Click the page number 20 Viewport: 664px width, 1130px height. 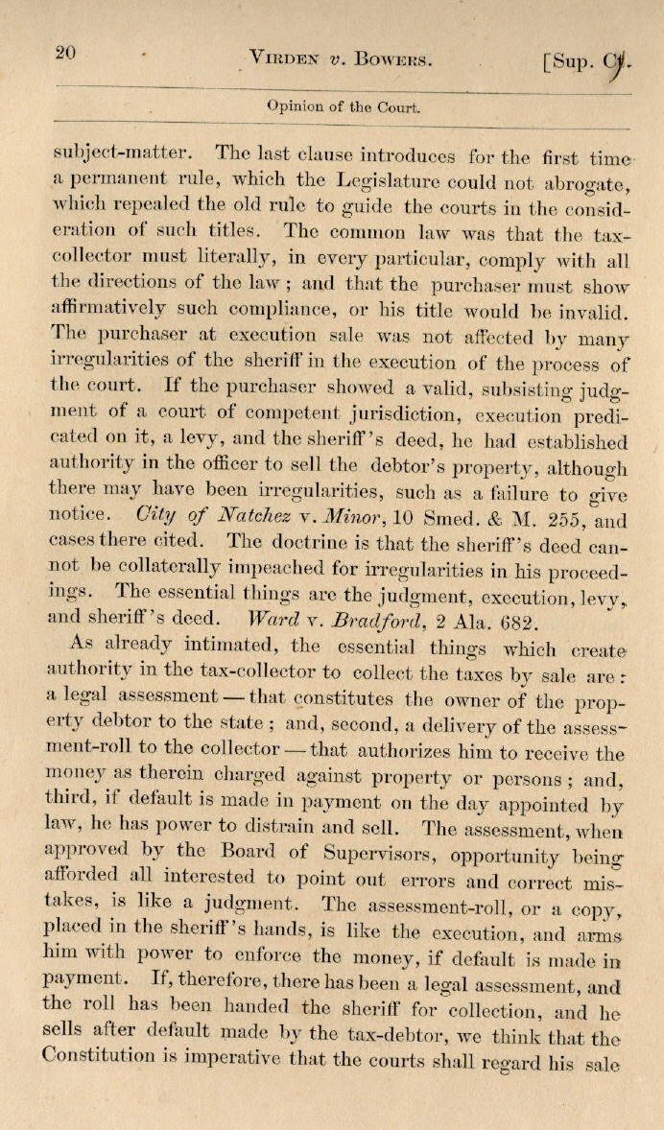[x=65, y=53]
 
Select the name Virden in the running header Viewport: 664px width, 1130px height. [x=283, y=59]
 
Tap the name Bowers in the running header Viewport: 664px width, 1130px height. [x=393, y=59]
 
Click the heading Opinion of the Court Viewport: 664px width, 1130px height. [x=343, y=107]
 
